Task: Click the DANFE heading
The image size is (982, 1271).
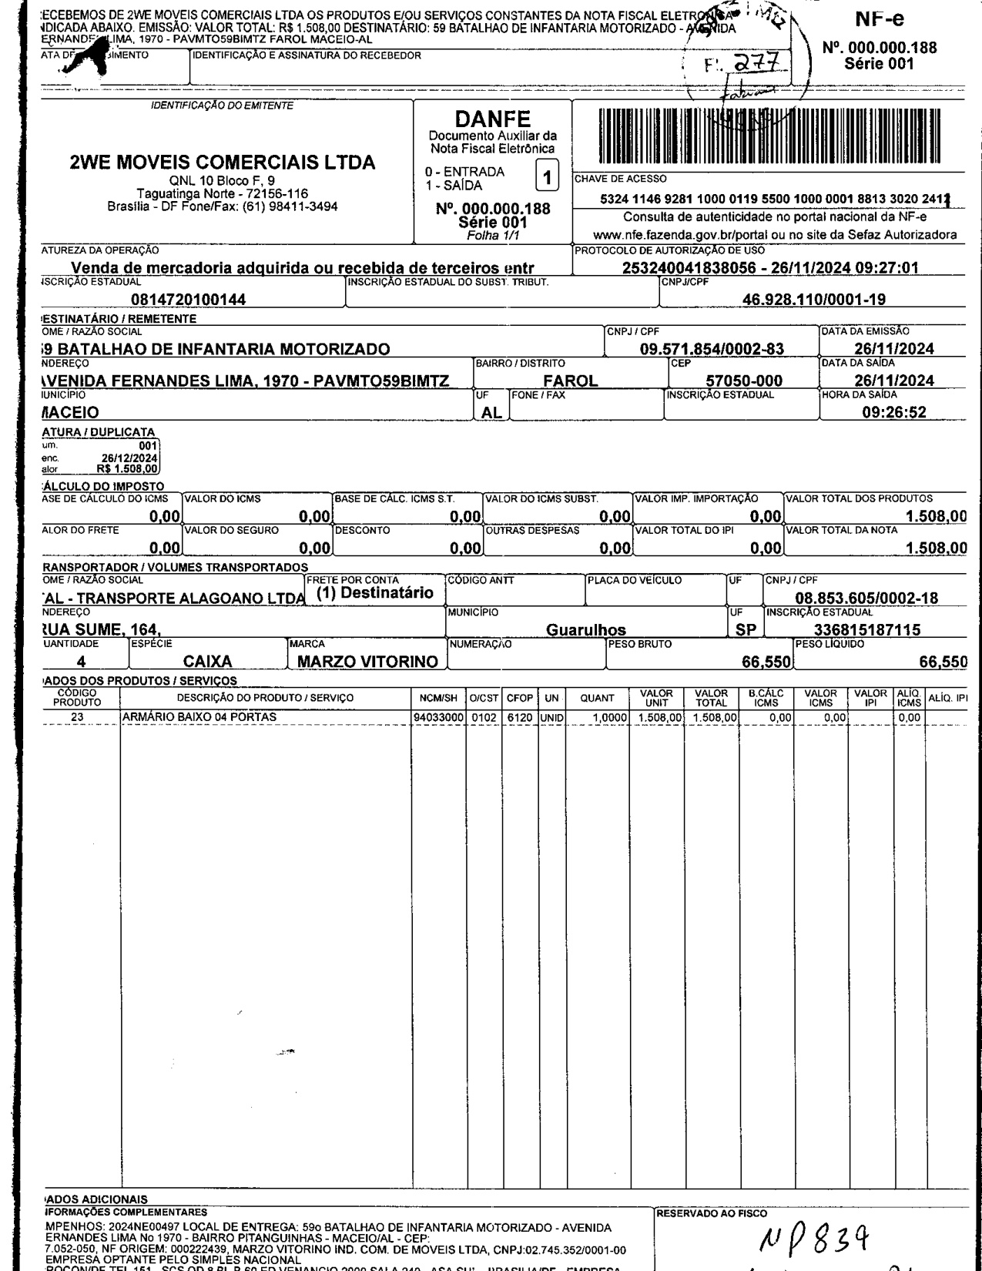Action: (x=493, y=120)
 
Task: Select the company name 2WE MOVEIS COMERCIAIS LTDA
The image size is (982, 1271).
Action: (x=222, y=163)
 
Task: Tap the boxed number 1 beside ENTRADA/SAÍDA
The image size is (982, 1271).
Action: (x=548, y=179)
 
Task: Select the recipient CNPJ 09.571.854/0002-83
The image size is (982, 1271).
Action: (x=712, y=349)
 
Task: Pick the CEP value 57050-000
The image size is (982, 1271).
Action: (x=744, y=381)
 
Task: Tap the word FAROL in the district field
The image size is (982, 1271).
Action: (x=571, y=381)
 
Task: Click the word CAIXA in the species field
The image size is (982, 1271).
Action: (x=208, y=661)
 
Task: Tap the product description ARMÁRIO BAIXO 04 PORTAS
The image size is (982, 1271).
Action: (x=199, y=717)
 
